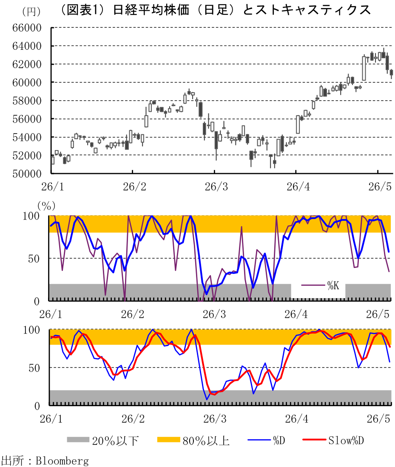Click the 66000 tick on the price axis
[x=27, y=28]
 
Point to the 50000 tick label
[x=27, y=174]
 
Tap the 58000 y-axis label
[x=27, y=101]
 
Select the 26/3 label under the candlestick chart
[x=216, y=187]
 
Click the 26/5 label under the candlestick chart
[x=380, y=187]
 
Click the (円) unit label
[x=31, y=11]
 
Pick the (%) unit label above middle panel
[x=46, y=205]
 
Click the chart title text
[x=215, y=10]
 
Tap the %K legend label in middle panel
[x=333, y=286]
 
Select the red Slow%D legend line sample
[x=314, y=440]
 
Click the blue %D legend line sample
[x=259, y=440]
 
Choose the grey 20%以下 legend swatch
[x=78, y=440]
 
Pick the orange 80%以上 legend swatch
[x=168, y=440]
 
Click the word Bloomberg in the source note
[x=62, y=461]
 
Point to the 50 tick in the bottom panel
[x=34, y=368]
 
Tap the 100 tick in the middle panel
[x=31, y=216]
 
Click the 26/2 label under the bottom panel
[x=133, y=419]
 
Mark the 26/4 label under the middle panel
[x=296, y=314]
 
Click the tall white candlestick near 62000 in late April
[x=364, y=68]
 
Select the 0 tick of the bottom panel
[x=37, y=406]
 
